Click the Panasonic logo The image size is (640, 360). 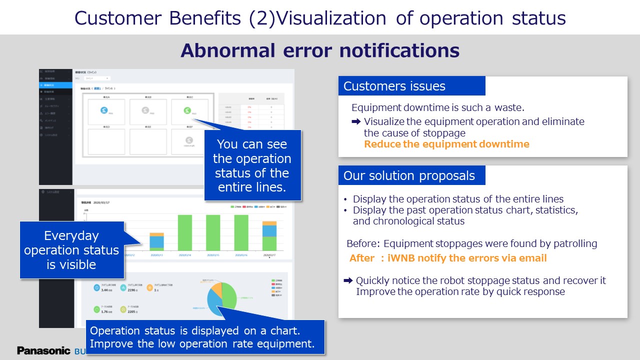point(44,350)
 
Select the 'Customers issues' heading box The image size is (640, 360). point(411,86)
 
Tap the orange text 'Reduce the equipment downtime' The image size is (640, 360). point(446,144)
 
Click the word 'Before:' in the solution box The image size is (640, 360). point(363,243)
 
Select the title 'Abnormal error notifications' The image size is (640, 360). point(320,50)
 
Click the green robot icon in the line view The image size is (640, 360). point(187,110)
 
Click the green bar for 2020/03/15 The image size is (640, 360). point(213,232)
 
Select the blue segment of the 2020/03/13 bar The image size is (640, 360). point(156,241)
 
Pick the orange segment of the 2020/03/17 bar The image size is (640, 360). point(269,223)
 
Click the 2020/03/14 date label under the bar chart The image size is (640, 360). point(184,254)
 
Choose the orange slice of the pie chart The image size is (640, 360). point(216,289)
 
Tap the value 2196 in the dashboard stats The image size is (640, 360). point(132,290)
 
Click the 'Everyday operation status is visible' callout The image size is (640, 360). point(71,250)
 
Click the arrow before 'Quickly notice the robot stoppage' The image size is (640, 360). point(348,280)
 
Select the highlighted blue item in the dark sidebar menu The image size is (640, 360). point(55,85)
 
